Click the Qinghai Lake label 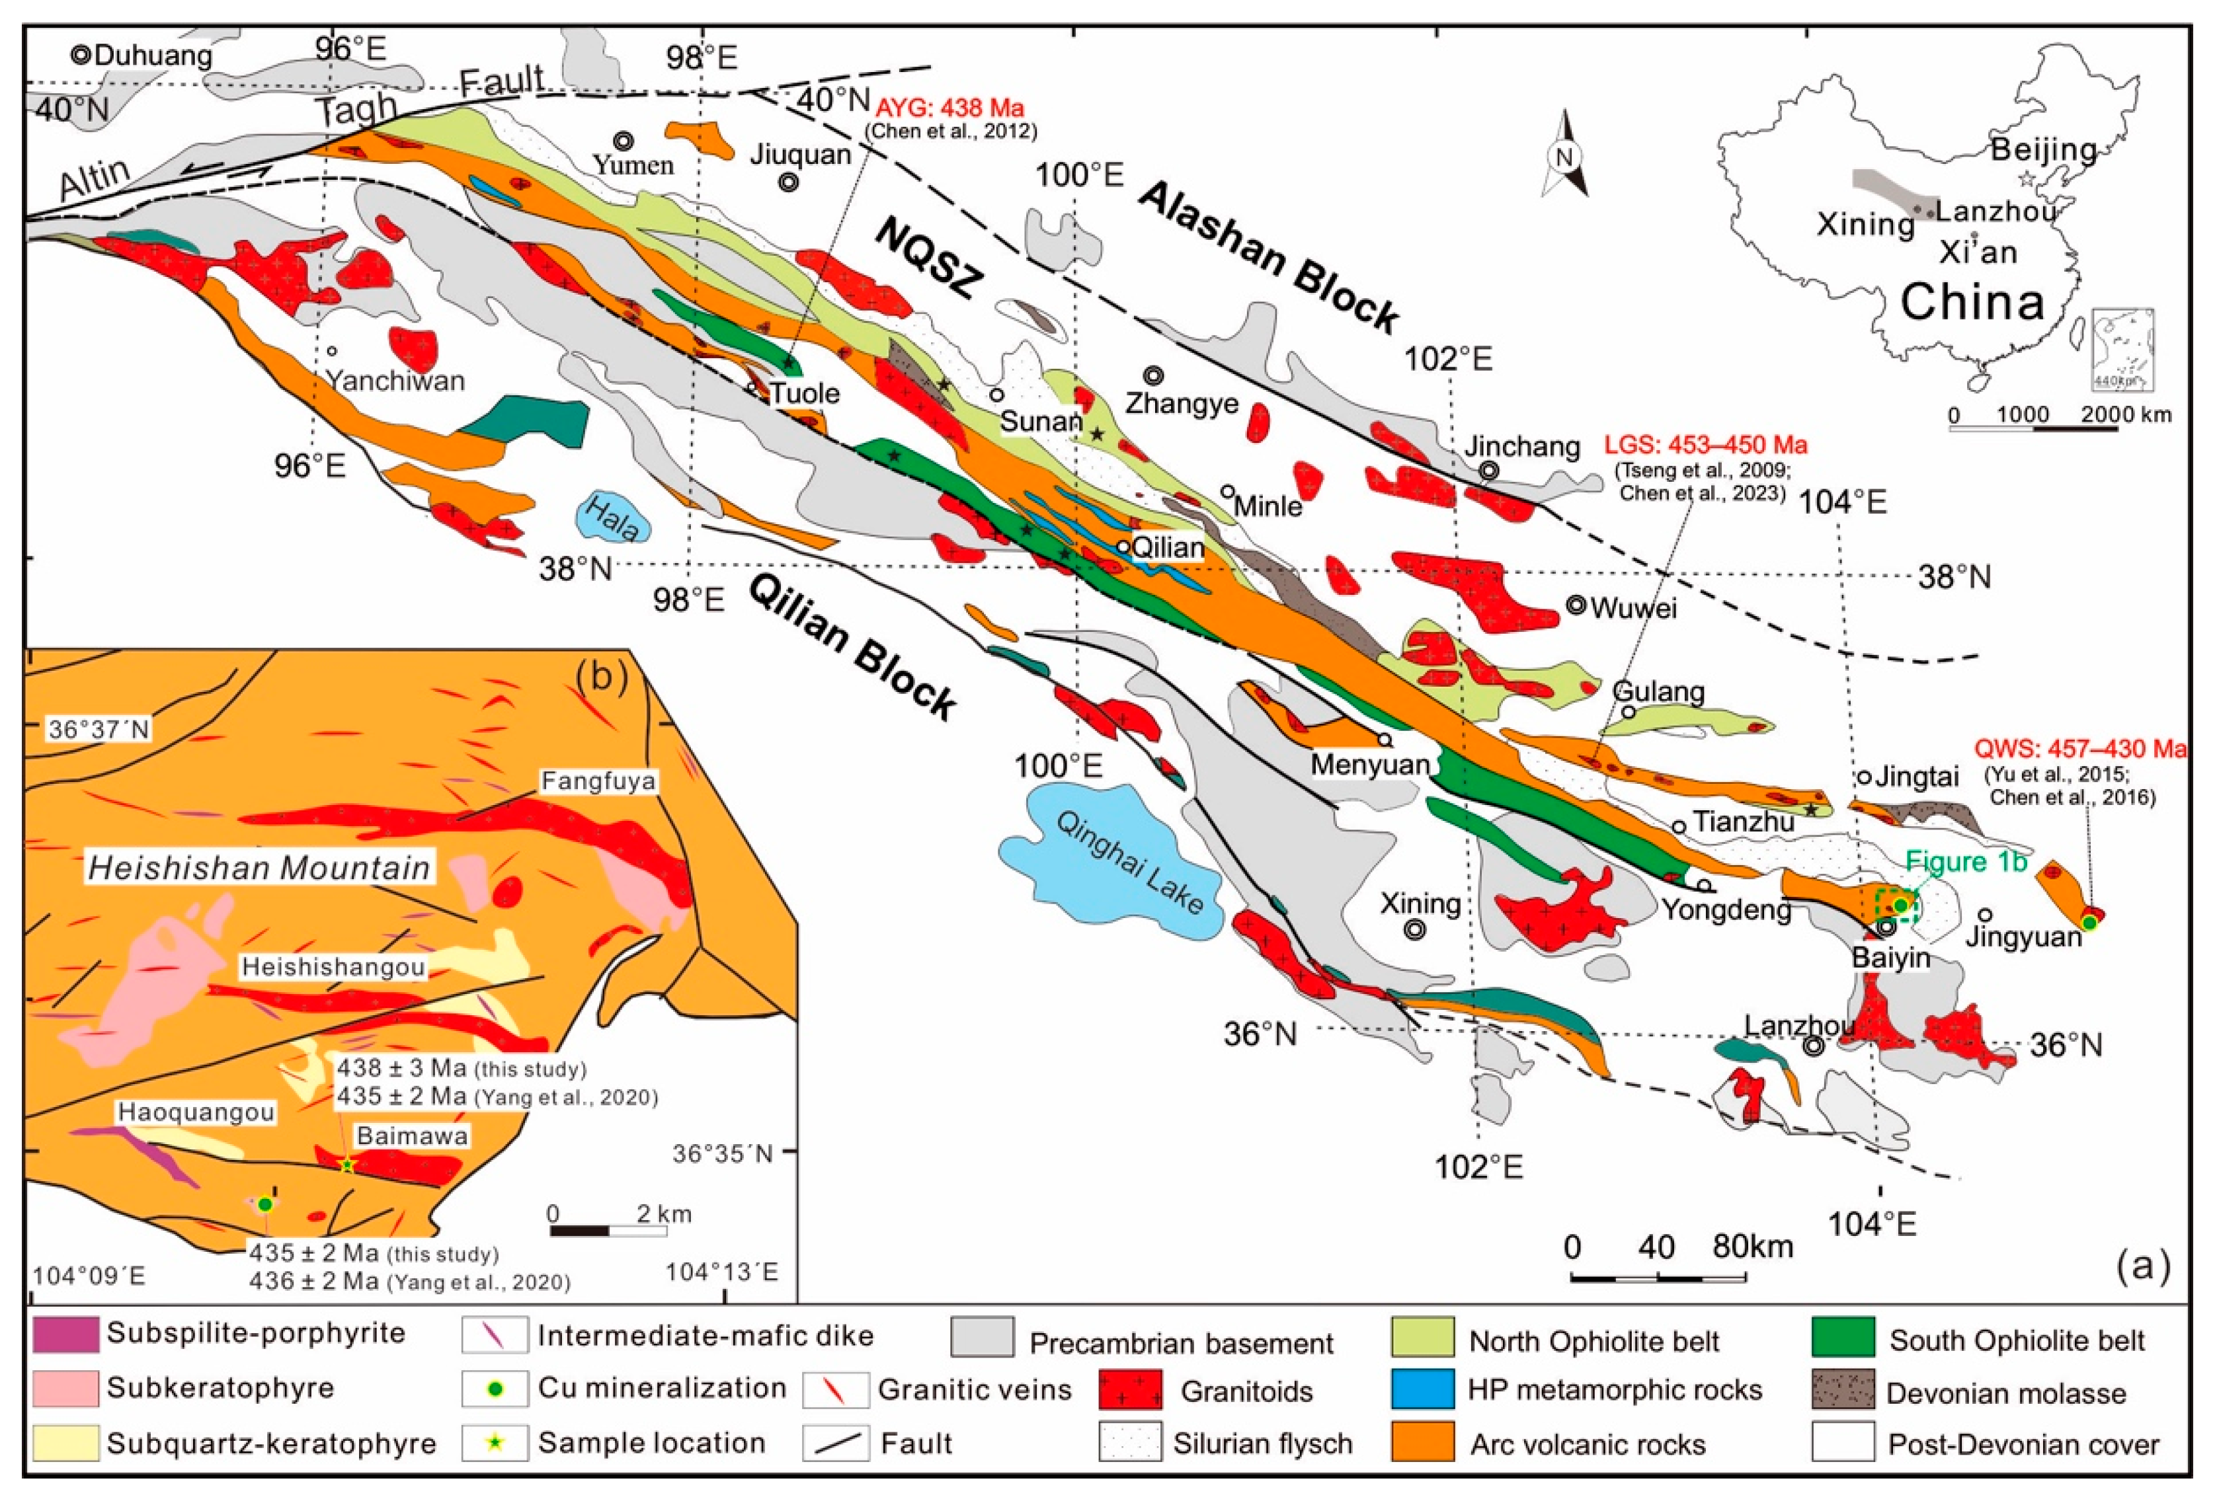[x=1129, y=864]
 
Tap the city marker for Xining [x=1416, y=929]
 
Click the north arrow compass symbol [x=1564, y=157]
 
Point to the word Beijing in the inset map [x=2042, y=150]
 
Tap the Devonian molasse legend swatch [x=1843, y=1391]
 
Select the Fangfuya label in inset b [x=598, y=782]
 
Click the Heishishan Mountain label [x=259, y=867]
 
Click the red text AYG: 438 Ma [x=949, y=108]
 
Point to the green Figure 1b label [x=1965, y=861]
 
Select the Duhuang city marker [x=81, y=56]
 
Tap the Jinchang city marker [x=1489, y=470]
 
